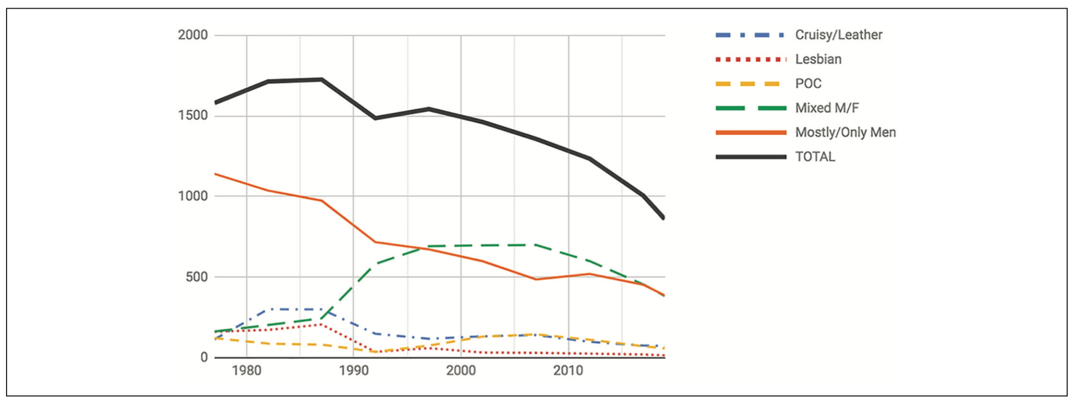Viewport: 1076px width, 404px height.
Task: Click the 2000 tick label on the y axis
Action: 192,35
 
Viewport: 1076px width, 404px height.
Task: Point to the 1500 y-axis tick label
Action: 192,115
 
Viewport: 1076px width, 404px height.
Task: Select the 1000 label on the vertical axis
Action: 192,196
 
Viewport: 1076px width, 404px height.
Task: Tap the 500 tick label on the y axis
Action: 196,277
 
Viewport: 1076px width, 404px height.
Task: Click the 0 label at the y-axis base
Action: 204,357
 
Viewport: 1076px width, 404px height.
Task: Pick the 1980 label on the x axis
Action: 246,371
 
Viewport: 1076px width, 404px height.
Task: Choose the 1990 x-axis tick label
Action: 353,371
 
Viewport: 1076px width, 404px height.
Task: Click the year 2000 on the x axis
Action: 461,371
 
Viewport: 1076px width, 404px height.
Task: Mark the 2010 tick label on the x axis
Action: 568,371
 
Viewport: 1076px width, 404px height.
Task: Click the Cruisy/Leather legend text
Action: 838,35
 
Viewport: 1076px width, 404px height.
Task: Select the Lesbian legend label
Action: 818,59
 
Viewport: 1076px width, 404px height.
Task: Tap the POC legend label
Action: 808,84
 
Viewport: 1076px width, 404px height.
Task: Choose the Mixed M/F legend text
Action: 827,108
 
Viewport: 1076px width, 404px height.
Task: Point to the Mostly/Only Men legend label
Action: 845,132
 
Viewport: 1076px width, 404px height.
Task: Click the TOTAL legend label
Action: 815,157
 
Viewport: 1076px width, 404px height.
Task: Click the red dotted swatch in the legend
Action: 751,59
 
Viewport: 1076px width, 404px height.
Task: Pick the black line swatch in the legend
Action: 751,157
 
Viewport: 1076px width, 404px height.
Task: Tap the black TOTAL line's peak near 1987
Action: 321,79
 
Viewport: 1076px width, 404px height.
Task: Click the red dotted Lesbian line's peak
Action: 321,324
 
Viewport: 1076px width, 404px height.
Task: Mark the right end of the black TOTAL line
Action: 664,218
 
